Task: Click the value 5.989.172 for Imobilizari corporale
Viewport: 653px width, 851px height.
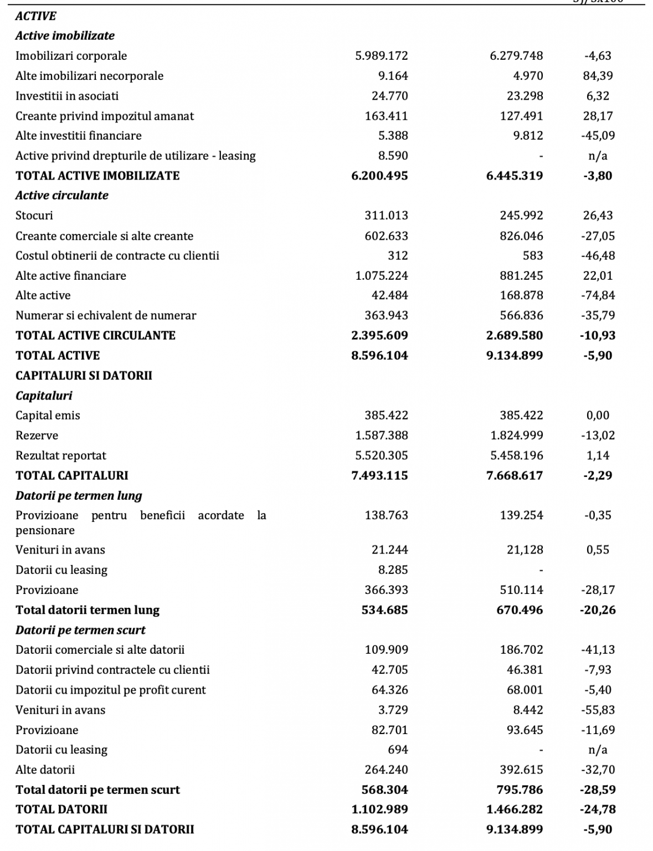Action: [381, 56]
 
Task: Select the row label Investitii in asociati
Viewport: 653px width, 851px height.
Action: [67, 96]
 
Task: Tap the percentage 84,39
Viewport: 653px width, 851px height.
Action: [598, 76]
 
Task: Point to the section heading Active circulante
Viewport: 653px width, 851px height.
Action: [61, 196]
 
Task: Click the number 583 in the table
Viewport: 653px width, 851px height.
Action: [533, 256]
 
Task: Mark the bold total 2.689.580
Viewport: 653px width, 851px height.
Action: [515, 336]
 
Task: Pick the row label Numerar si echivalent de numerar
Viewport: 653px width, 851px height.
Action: [106, 316]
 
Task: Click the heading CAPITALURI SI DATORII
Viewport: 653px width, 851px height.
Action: [84, 376]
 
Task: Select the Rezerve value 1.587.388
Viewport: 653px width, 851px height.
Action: [381, 435]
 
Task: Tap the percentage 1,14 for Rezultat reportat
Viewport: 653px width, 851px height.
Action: [598, 455]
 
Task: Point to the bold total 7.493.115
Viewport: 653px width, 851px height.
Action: [379, 475]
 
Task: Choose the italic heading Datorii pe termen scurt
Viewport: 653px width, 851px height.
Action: [80, 630]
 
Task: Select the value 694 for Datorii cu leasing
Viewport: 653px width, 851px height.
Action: [398, 750]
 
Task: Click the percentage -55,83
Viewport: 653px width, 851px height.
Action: [598, 710]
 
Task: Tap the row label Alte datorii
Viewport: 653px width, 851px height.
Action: [45, 770]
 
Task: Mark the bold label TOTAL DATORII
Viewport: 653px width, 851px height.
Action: [61, 809]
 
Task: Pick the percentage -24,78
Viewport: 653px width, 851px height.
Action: [598, 809]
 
